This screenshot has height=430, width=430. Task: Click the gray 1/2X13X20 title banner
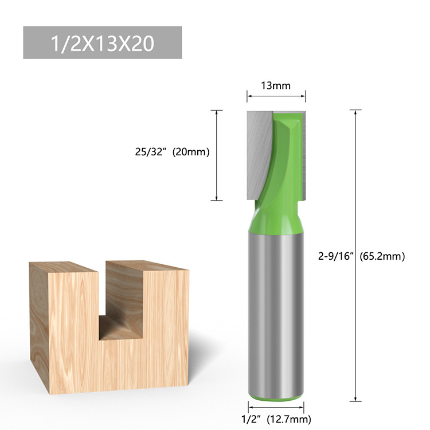click(103, 42)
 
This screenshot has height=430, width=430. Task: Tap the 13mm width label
click(276, 86)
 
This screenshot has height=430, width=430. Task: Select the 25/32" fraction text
click(147, 152)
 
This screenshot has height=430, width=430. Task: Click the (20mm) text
click(191, 152)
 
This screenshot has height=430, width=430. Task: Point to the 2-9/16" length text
click(338, 256)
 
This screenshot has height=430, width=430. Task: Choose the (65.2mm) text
click(382, 256)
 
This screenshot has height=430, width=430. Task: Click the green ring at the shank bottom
click(276, 396)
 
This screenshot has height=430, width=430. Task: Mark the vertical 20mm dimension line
click(216, 155)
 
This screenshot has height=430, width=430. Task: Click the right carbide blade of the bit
click(304, 155)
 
